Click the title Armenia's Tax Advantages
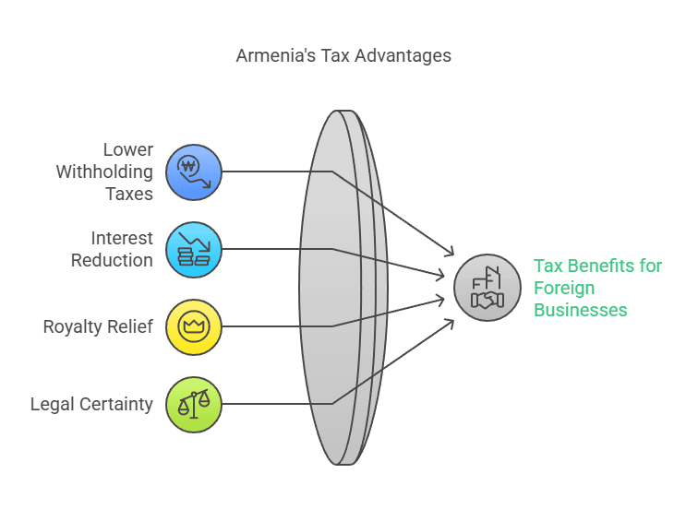[x=343, y=56]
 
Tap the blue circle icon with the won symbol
[x=194, y=172]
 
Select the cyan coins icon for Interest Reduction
[x=194, y=249]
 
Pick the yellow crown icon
[x=194, y=326]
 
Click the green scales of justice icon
[x=194, y=405]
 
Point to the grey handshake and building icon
[x=487, y=288]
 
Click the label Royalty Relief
[x=98, y=326]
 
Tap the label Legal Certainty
[x=91, y=405]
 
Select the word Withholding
[x=104, y=172]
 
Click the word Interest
[x=122, y=238]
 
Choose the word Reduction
[x=113, y=261]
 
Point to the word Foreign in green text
[x=564, y=288]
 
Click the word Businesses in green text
[x=581, y=310]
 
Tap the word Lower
[x=128, y=149]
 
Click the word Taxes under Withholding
[x=129, y=195]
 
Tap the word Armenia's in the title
[x=275, y=56]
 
